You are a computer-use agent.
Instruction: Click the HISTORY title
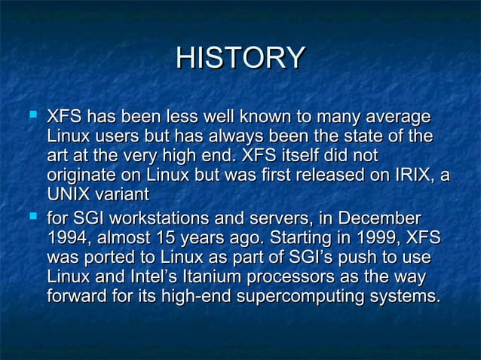click(240, 59)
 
